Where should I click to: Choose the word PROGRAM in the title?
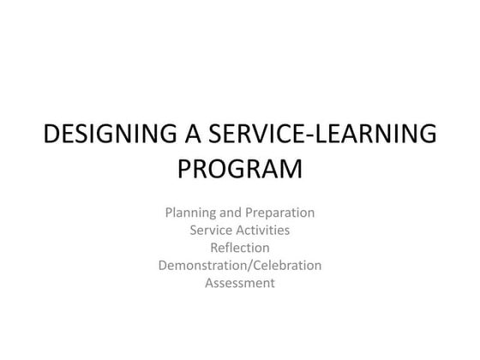(x=240, y=168)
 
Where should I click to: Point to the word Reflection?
(x=240, y=248)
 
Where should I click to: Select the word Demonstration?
(x=200, y=266)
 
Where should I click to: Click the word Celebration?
(x=285, y=266)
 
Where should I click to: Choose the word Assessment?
(x=240, y=284)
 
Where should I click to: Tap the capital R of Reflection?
(x=214, y=248)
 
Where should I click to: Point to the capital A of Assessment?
(x=209, y=284)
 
